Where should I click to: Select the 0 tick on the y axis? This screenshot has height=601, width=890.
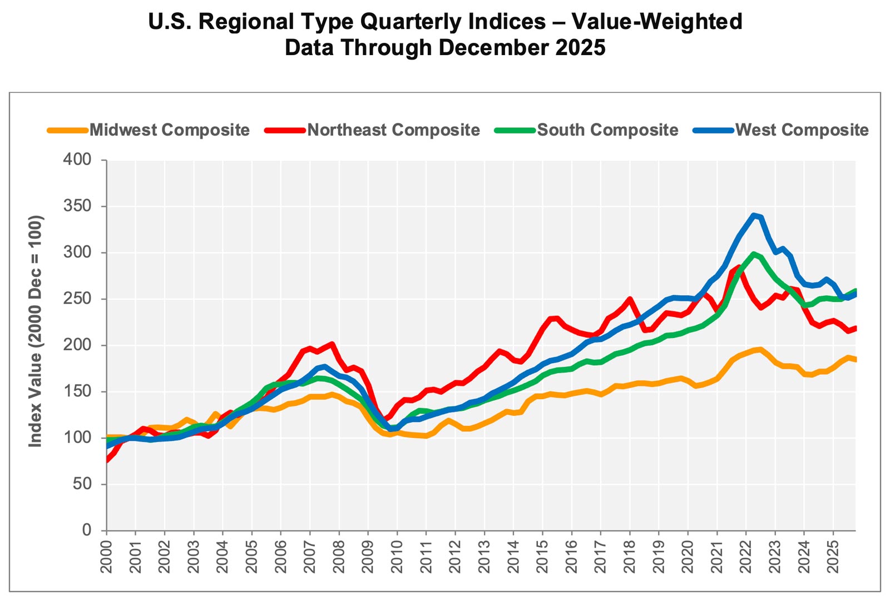click(86, 530)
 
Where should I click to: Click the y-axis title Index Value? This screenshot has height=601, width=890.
click(36, 331)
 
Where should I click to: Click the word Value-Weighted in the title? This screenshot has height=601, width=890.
click(657, 22)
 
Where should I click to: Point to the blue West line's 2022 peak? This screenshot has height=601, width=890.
click(754, 215)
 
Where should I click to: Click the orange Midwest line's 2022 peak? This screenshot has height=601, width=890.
click(760, 349)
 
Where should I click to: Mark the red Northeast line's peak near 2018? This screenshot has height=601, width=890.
click(630, 299)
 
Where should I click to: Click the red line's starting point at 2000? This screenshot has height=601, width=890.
click(106, 460)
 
